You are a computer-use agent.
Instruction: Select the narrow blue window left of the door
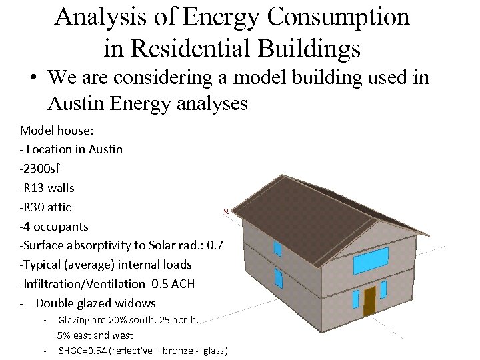pos(356,299)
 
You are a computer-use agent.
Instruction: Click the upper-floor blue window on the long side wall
pos(277,249)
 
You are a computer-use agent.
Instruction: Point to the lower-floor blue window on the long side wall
pos(278,277)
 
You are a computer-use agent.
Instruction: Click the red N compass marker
pos(227,211)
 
